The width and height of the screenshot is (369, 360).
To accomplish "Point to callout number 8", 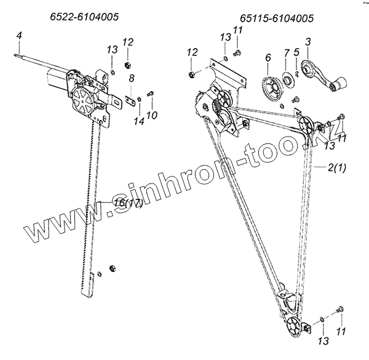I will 131,79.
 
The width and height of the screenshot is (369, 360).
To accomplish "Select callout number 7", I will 286,58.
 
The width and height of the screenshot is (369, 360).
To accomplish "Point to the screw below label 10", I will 151,94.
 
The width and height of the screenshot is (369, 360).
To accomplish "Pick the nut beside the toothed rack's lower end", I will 112,268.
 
